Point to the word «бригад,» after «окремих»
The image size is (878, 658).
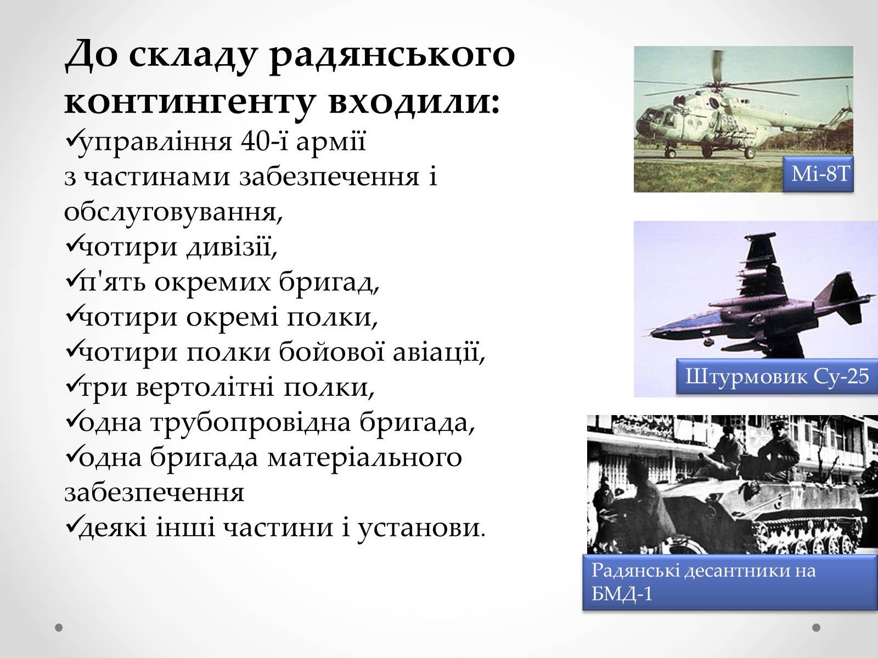pyautogui.click(x=329, y=282)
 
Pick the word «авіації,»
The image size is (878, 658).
pyautogui.click(x=439, y=352)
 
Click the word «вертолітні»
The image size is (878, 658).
pyautogui.click(x=205, y=387)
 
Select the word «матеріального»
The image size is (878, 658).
pyautogui.click(x=365, y=457)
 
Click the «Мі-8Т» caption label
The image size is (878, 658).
pyautogui.click(x=818, y=174)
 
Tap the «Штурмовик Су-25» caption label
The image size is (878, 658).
pyautogui.click(x=777, y=376)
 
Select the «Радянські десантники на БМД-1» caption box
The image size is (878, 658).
pyautogui.click(x=730, y=582)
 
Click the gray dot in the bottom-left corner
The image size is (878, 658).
pyautogui.click(x=59, y=628)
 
